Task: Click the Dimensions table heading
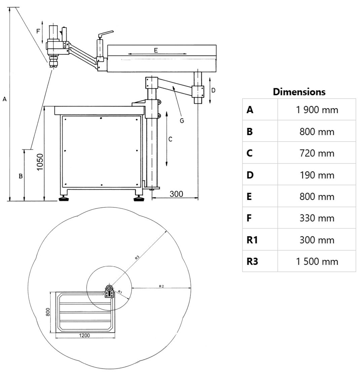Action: click(x=299, y=92)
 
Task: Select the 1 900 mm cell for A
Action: click(x=317, y=110)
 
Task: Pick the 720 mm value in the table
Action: click(x=317, y=153)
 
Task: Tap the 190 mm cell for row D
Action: click(x=317, y=175)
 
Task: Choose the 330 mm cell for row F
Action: click(x=317, y=218)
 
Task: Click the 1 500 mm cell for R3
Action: click(x=317, y=262)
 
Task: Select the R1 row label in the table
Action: click(x=252, y=240)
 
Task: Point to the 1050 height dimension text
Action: click(x=40, y=162)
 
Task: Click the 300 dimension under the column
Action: click(x=176, y=194)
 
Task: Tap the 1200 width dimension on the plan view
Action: click(x=84, y=335)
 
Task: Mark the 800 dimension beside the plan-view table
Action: click(x=48, y=312)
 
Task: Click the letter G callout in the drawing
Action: click(x=182, y=121)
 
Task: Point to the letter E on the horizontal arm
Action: click(x=156, y=50)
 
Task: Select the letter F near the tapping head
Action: click(x=38, y=31)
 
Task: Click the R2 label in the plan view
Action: click(x=161, y=286)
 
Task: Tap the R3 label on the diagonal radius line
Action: click(x=137, y=258)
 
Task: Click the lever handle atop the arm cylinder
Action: click(x=106, y=34)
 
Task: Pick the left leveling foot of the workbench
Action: click(x=64, y=199)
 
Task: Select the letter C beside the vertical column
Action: click(x=170, y=139)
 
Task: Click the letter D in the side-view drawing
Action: click(x=213, y=90)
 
